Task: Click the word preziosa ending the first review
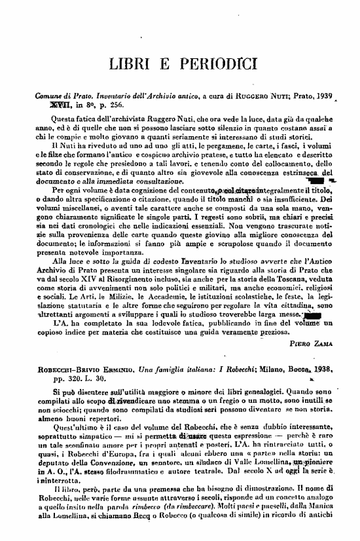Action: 310,331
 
